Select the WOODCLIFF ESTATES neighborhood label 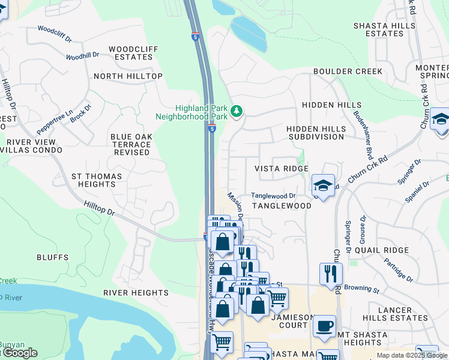point(131,53)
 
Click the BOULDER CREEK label point(347,71)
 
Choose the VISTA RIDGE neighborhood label point(282,169)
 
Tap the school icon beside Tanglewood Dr point(323,186)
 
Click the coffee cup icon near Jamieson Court point(325,326)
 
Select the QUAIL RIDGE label point(381,250)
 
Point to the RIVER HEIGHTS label point(136,293)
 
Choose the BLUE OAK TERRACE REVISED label point(131,145)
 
